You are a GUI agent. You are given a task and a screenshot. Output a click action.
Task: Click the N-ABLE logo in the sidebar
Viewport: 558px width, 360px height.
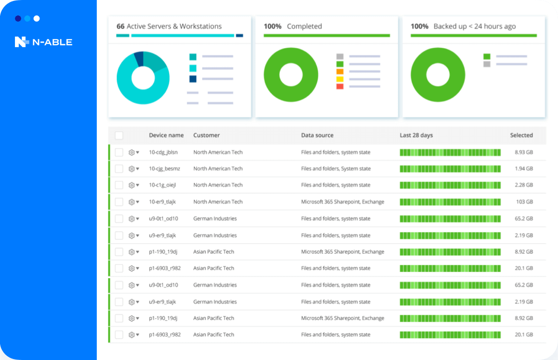tap(43, 42)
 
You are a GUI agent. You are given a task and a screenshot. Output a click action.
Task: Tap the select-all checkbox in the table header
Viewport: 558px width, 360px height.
tap(119, 135)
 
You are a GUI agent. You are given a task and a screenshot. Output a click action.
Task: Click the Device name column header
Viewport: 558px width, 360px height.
tap(166, 135)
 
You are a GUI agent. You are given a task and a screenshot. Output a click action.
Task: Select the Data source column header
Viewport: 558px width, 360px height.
tap(317, 135)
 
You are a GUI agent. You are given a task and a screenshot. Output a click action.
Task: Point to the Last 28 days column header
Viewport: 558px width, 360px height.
tap(416, 135)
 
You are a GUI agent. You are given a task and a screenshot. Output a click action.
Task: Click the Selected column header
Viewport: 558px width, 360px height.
tap(521, 135)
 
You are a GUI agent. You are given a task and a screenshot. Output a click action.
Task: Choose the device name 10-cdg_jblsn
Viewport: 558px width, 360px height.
tap(163, 152)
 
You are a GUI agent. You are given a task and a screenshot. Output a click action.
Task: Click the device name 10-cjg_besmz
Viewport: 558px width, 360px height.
tap(164, 168)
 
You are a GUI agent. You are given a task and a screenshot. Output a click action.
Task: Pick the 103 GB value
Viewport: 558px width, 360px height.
tap(525, 202)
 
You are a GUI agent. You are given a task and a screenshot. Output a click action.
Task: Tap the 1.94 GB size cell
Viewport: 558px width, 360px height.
tap(524, 168)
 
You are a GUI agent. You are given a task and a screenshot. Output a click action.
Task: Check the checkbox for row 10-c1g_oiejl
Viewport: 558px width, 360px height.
tap(119, 185)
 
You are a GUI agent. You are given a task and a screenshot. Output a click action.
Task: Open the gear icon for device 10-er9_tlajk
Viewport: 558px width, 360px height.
tap(131, 202)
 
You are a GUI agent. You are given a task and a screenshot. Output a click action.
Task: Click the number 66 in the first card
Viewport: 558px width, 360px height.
tap(120, 26)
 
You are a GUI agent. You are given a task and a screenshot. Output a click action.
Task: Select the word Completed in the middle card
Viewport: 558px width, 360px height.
tap(304, 26)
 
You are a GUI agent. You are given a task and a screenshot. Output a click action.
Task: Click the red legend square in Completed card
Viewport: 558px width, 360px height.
tap(340, 87)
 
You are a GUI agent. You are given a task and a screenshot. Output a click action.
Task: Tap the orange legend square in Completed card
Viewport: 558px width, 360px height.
tap(340, 72)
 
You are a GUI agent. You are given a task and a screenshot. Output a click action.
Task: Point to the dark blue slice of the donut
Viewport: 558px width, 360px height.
tap(139, 59)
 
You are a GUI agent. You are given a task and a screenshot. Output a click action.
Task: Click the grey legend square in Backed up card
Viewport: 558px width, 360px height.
tap(487, 64)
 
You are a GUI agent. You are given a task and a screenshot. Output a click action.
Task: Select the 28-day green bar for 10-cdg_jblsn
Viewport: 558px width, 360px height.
tap(450, 152)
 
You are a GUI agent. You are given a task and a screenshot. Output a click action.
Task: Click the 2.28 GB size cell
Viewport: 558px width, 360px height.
tap(524, 185)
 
